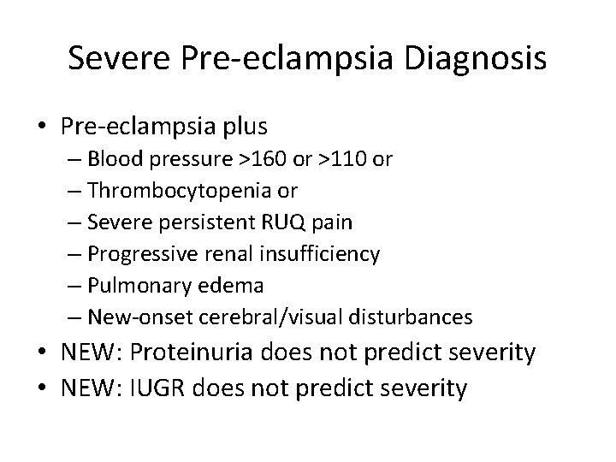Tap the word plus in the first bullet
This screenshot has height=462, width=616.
(x=242, y=127)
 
